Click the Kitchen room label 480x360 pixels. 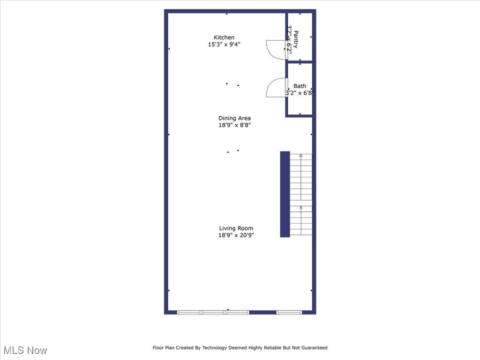pos(224,37)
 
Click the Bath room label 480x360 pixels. pos(300,86)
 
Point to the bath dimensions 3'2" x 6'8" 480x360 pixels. pos(300,93)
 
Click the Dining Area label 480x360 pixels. pos(234,118)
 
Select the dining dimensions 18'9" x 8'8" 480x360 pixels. pos(234,125)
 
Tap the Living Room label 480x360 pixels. pos(236,228)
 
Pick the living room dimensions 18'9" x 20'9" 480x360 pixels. pos(236,235)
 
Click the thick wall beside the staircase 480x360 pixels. pos(285,194)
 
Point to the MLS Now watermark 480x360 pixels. pos(25,350)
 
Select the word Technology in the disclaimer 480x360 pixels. pos(212,348)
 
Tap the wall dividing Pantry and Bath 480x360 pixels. pos(300,61)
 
